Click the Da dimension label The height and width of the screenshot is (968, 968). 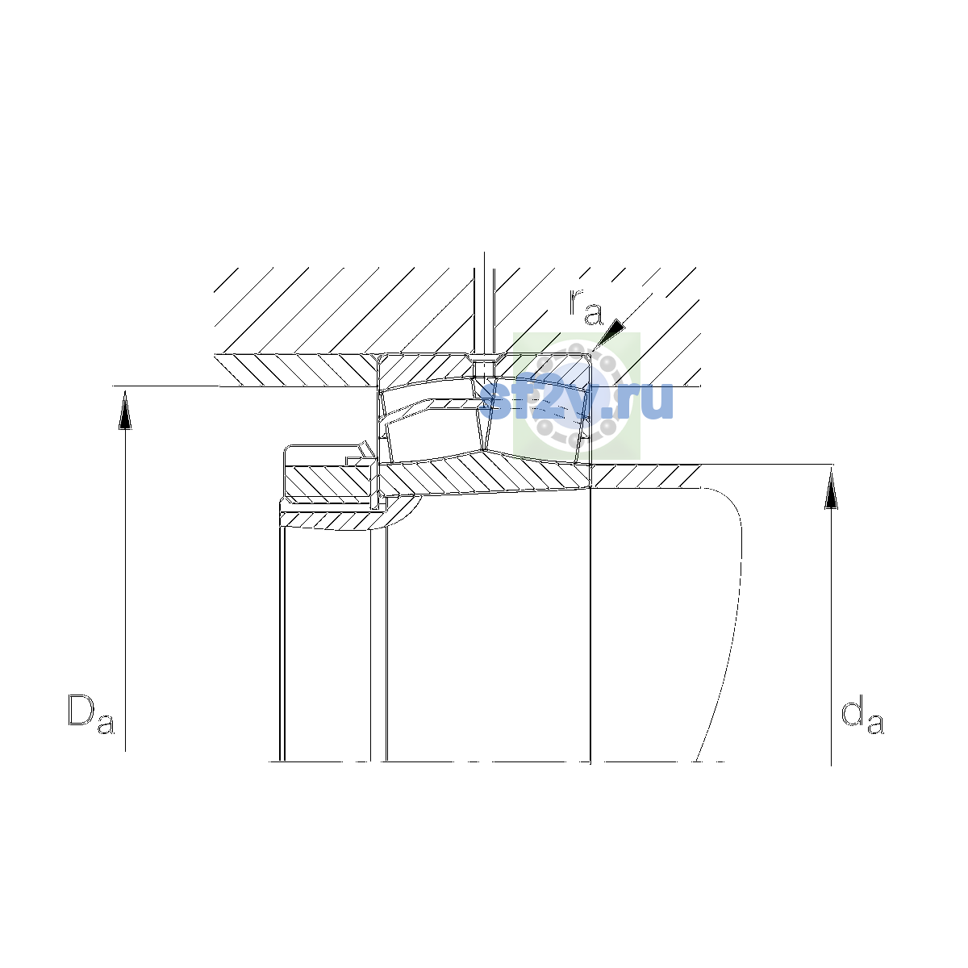pos(91,714)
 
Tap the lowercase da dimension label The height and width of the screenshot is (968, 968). pos(862,714)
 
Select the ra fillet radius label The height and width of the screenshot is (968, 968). pos(586,306)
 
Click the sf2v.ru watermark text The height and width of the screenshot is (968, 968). pos(576,400)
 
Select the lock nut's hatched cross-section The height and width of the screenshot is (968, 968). pos(328,481)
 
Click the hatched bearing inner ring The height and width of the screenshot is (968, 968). pos(485,474)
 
